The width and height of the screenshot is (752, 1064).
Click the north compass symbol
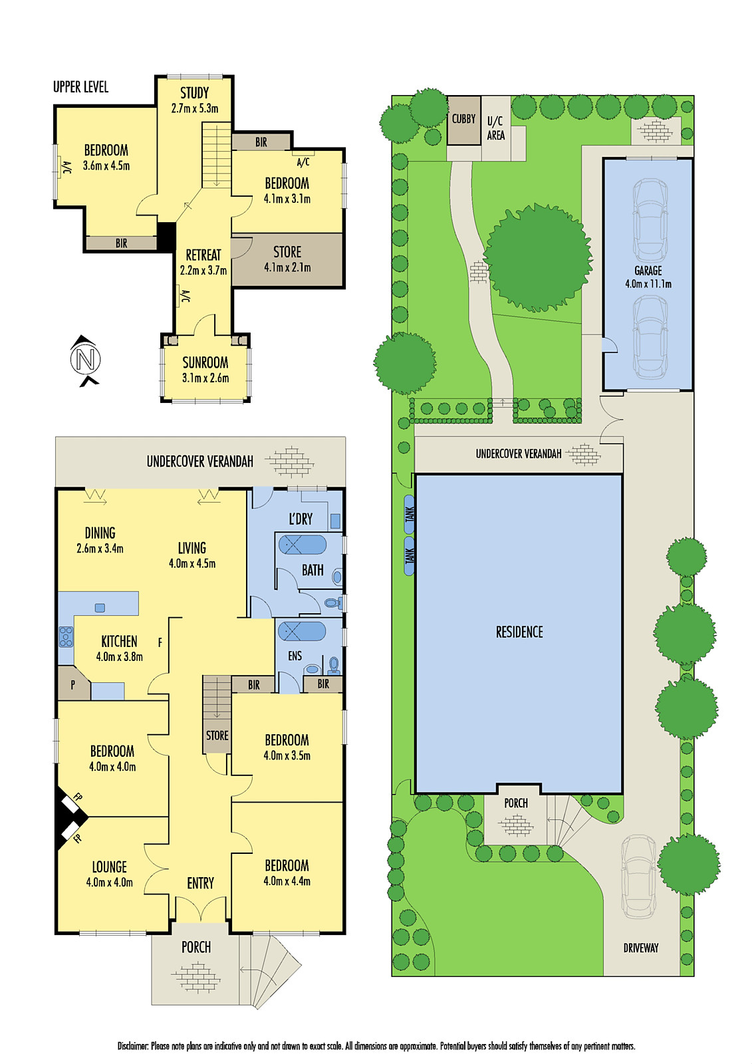coord(85,360)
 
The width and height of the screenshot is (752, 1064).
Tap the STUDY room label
coord(194,93)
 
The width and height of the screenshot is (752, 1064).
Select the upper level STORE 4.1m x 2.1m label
coord(287,259)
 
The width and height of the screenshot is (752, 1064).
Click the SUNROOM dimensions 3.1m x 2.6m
coord(205,378)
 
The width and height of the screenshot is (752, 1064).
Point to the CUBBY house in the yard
coord(463,120)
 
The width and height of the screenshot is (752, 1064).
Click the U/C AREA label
coord(495,128)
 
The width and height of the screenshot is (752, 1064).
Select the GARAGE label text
coord(648,271)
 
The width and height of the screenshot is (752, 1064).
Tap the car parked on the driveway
coord(637,876)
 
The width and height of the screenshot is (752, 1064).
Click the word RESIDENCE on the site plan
coord(519,632)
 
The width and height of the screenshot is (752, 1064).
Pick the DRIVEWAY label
coord(640,948)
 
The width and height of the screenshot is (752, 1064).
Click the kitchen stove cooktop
coord(66,637)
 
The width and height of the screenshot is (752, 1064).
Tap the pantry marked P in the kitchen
coord(73,684)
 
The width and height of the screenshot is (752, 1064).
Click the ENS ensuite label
coord(295,656)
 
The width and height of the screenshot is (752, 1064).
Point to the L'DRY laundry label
coord(301,519)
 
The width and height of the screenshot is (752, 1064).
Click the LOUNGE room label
coord(109,867)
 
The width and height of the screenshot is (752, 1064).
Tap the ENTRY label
coord(200,883)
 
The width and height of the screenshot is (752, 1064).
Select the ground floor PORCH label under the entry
coord(195,947)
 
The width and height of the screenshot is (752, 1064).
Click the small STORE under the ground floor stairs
coord(217,735)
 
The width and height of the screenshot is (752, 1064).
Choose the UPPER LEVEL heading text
coord(80,87)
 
